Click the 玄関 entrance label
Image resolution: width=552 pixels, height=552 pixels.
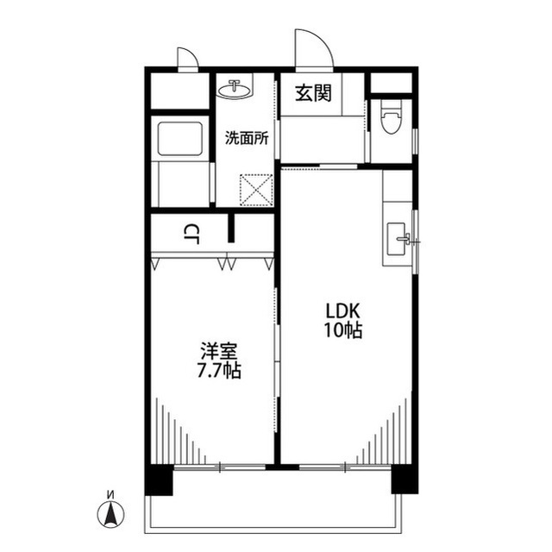313,93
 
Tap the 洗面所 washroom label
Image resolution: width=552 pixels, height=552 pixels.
247,138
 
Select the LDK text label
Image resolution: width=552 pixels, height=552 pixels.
342,310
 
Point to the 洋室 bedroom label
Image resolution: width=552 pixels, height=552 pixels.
219,351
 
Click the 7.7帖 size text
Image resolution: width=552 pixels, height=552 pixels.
219,370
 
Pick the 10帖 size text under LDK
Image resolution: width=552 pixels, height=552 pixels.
343,329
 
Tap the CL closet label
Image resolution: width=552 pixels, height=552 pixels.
191,235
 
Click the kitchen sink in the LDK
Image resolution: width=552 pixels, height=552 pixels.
398,239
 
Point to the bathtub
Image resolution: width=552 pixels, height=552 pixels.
180,139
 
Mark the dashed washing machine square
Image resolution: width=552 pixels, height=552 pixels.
256,190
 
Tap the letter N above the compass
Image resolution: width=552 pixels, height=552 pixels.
111,495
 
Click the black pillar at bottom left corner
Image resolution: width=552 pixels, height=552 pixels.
159,480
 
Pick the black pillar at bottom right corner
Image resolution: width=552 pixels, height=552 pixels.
405,480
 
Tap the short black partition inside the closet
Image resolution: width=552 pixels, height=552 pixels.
231,228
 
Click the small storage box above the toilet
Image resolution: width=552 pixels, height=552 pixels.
392,83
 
